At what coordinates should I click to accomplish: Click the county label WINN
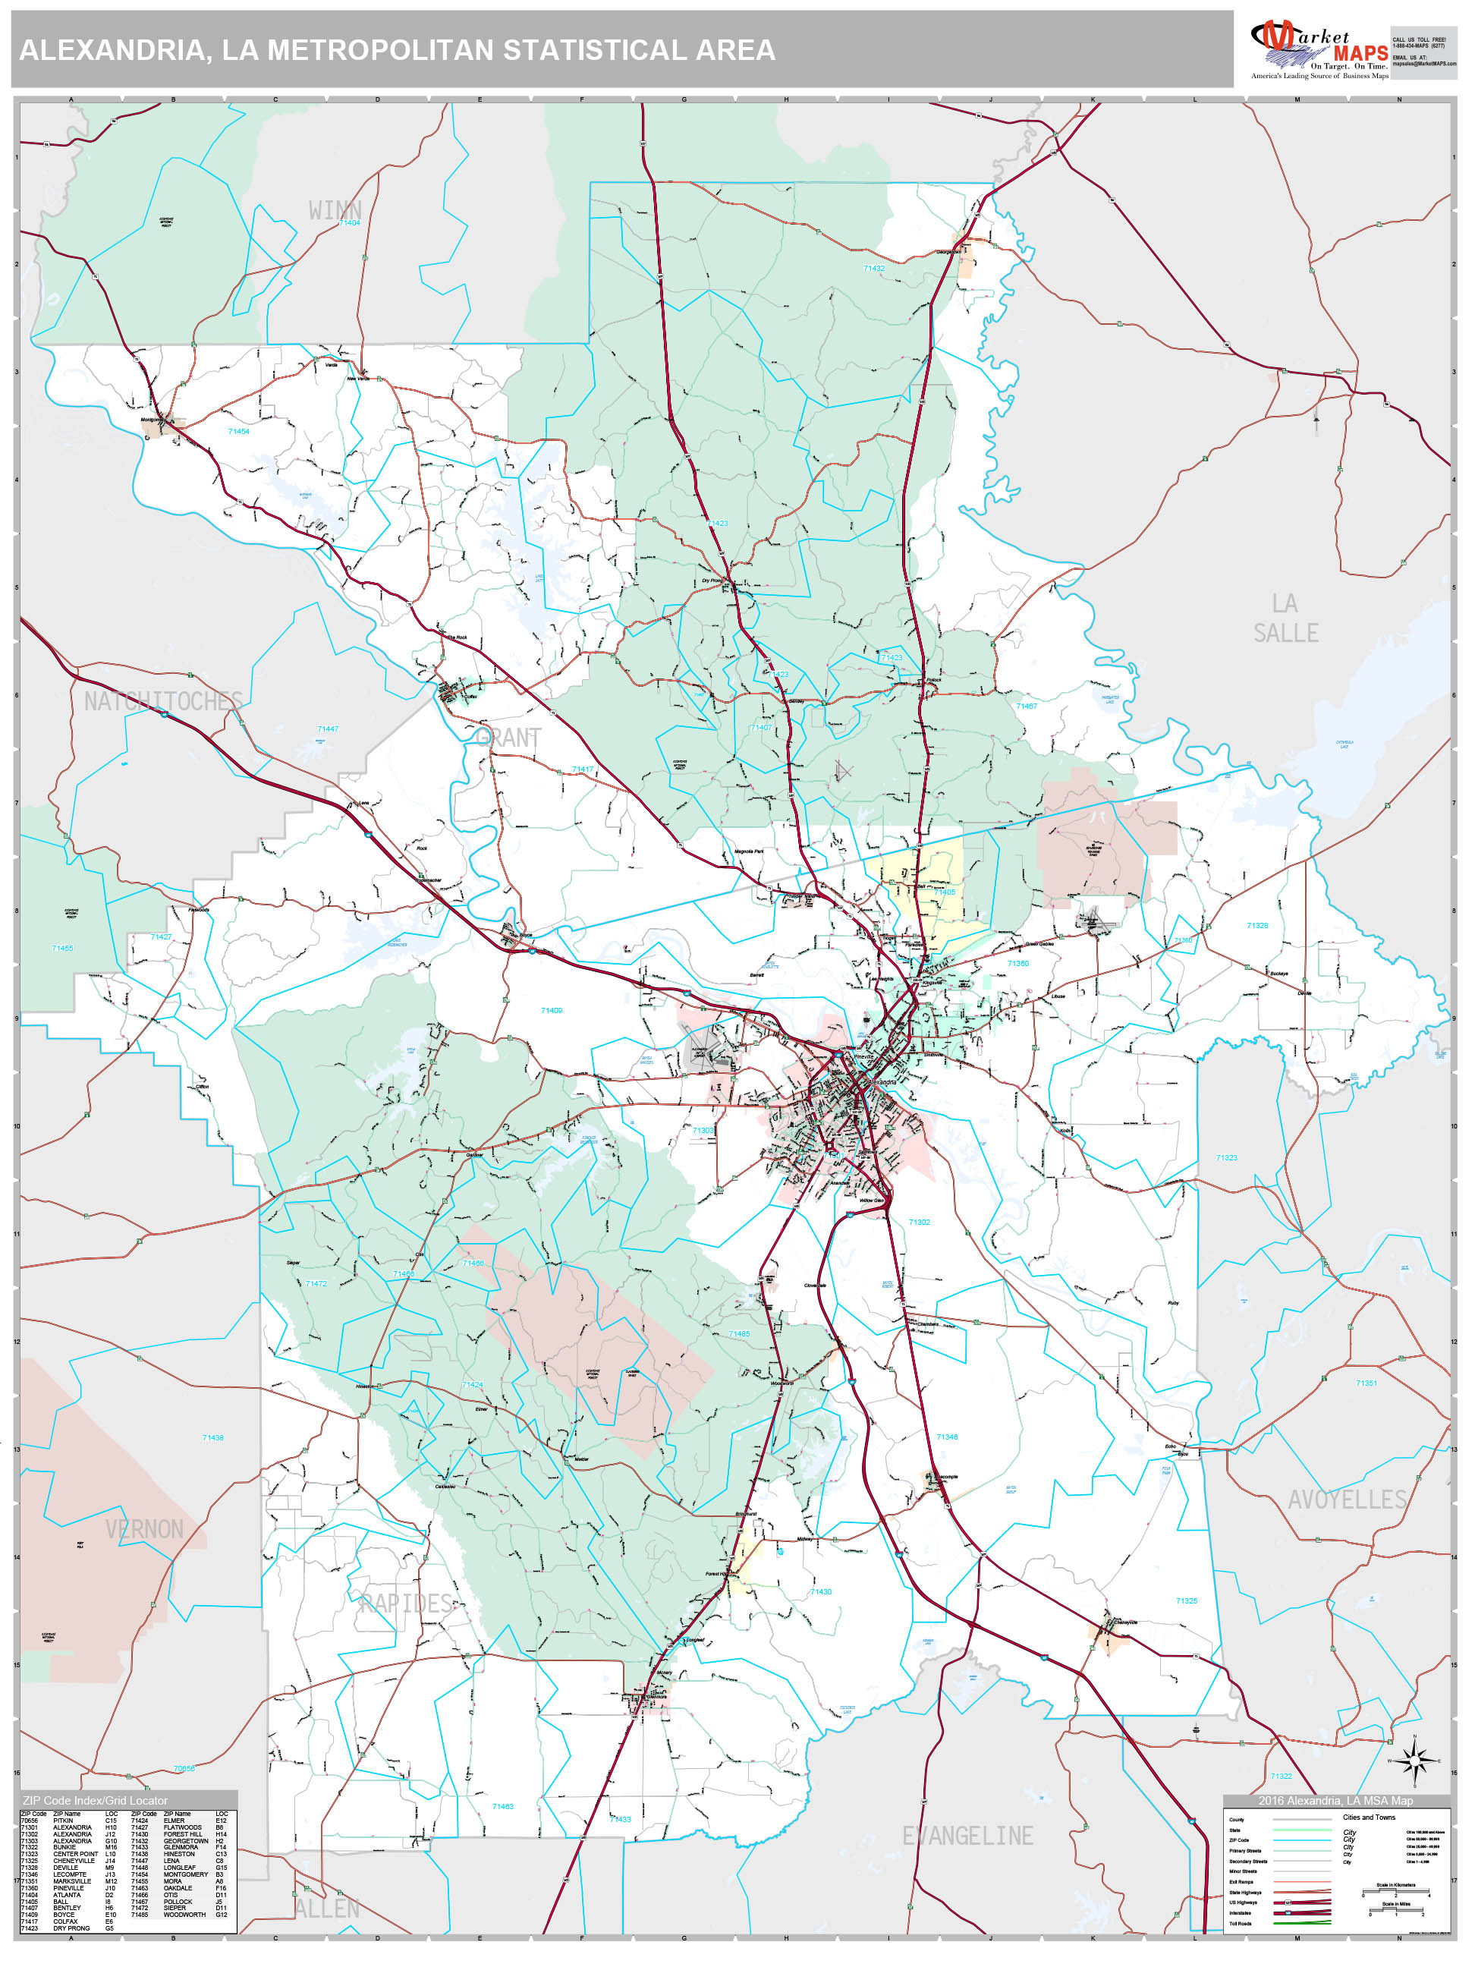(x=335, y=210)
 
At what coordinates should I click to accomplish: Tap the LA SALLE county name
(x=1285, y=618)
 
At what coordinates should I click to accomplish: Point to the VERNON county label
(x=144, y=1528)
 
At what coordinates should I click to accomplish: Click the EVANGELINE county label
(x=967, y=1836)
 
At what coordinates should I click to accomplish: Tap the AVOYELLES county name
(x=1347, y=1500)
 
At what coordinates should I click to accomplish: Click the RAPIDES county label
(x=407, y=1603)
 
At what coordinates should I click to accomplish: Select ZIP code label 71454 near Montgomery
(x=238, y=431)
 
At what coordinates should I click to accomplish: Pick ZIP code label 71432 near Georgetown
(x=873, y=268)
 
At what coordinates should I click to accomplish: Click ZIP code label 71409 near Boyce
(x=552, y=1010)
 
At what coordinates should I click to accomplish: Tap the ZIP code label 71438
(x=212, y=1437)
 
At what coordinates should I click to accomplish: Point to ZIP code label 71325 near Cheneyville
(x=1186, y=1600)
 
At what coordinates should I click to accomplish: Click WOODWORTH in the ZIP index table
(x=184, y=1915)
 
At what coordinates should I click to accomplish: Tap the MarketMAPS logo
(x=1320, y=49)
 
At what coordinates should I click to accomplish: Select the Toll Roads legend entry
(x=1241, y=1924)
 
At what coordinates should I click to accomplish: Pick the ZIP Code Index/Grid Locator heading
(x=95, y=1801)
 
